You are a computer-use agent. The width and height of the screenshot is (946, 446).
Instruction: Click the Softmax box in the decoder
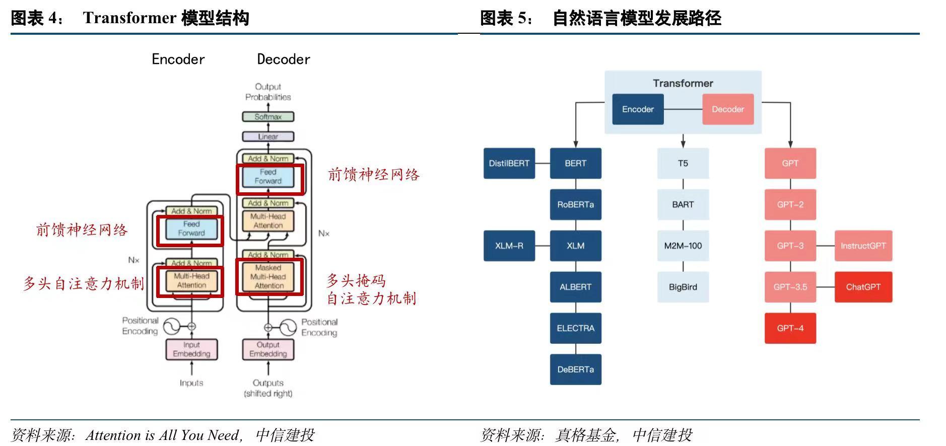click(267, 117)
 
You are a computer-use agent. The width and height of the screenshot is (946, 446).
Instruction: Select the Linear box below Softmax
click(267, 136)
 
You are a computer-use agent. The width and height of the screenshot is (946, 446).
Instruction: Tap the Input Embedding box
click(191, 349)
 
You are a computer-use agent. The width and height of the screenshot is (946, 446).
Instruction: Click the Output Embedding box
click(267, 349)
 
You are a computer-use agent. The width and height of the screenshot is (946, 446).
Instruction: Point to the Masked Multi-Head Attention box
click(268, 277)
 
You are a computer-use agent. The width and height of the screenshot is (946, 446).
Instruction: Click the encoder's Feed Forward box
click(191, 229)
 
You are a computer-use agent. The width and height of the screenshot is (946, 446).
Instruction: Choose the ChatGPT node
click(863, 287)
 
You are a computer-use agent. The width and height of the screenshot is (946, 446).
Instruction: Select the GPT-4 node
click(790, 328)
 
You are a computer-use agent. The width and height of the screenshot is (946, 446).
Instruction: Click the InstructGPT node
click(863, 246)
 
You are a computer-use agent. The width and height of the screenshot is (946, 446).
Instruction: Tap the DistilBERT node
click(509, 163)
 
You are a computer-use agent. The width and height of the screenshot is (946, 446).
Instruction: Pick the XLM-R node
click(509, 246)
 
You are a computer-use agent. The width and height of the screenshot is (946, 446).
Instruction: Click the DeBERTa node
click(575, 369)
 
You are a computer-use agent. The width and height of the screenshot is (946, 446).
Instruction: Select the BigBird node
click(683, 287)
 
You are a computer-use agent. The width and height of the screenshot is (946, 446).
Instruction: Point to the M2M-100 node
click(683, 246)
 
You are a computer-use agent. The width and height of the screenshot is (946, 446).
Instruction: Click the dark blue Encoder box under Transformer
click(637, 109)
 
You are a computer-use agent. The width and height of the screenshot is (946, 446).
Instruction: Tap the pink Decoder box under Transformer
click(727, 109)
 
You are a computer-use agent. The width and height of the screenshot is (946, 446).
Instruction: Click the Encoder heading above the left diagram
click(178, 59)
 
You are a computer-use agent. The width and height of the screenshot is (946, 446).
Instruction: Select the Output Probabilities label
click(268, 92)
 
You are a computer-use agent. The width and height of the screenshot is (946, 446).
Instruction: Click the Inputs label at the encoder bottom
click(191, 383)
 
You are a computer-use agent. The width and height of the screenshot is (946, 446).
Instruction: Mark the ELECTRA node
click(575, 328)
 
